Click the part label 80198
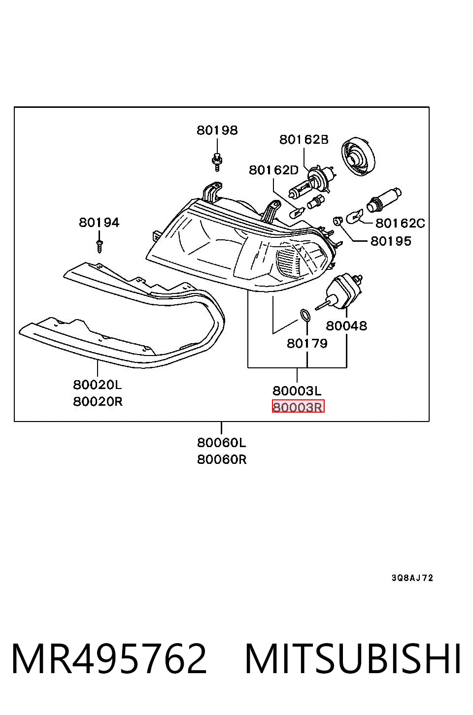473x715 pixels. pyautogui.click(x=217, y=130)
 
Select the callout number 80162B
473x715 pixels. pyautogui.click(x=304, y=139)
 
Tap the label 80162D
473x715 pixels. pyautogui.click(x=274, y=170)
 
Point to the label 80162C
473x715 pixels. pyautogui.click(x=400, y=223)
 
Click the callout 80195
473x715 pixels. pyautogui.click(x=391, y=241)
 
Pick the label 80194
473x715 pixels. pyautogui.click(x=99, y=223)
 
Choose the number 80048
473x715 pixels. pyautogui.click(x=346, y=326)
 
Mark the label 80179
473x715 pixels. pyautogui.click(x=307, y=343)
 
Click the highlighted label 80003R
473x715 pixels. pyautogui.click(x=298, y=406)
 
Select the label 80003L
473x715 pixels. pyautogui.click(x=297, y=390)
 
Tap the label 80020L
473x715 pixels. pyautogui.click(x=98, y=385)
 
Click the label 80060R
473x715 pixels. pyautogui.click(x=222, y=459)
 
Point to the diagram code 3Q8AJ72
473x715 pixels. pyautogui.click(x=412, y=578)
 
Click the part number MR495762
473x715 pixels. pyautogui.click(x=109, y=659)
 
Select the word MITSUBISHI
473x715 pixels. pyautogui.click(x=353, y=659)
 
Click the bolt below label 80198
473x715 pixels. pyautogui.click(x=217, y=162)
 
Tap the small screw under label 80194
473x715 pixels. pyautogui.click(x=100, y=247)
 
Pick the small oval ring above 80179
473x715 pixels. pyautogui.click(x=305, y=315)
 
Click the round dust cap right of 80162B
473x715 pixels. pyautogui.click(x=358, y=157)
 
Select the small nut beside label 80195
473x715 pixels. pyautogui.click(x=338, y=220)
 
